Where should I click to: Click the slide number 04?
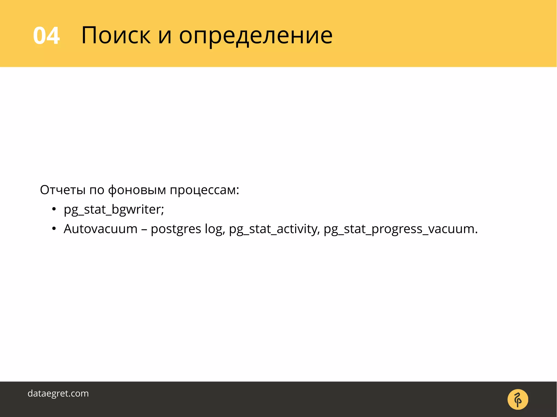46,36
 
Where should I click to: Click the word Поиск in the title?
116,35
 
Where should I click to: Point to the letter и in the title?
165,37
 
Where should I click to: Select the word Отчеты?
63,190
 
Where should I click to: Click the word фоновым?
137,190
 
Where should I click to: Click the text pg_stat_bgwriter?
114,209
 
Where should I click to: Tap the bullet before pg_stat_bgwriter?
54,209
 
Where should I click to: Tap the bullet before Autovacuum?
54,229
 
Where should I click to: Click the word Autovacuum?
101,229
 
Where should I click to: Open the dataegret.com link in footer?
58,393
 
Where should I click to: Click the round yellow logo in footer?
518,399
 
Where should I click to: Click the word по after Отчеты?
97,190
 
